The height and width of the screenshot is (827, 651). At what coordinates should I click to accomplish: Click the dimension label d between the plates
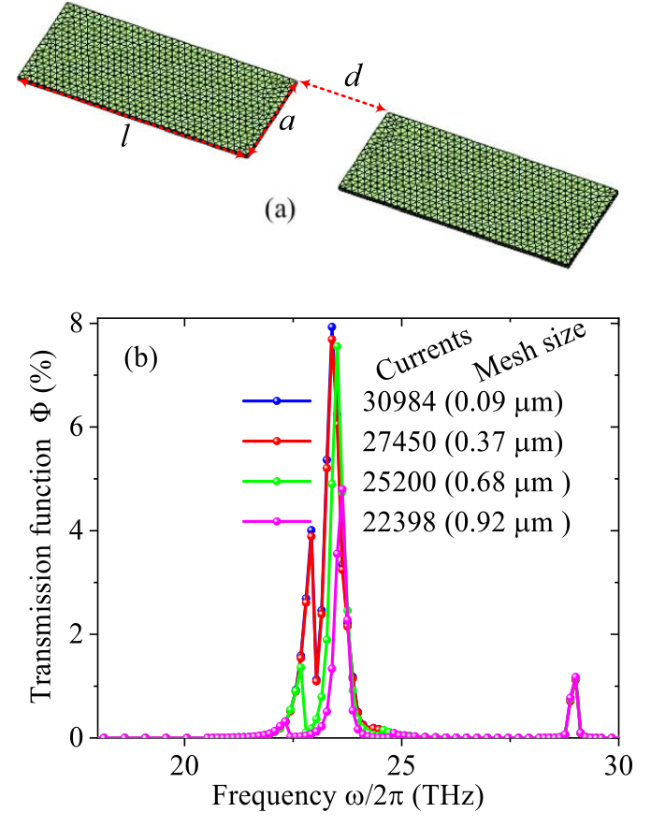pyautogui.click(x=353, y=77)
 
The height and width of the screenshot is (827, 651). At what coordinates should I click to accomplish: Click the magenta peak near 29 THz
pyautogui.click(x=575, y=677)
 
